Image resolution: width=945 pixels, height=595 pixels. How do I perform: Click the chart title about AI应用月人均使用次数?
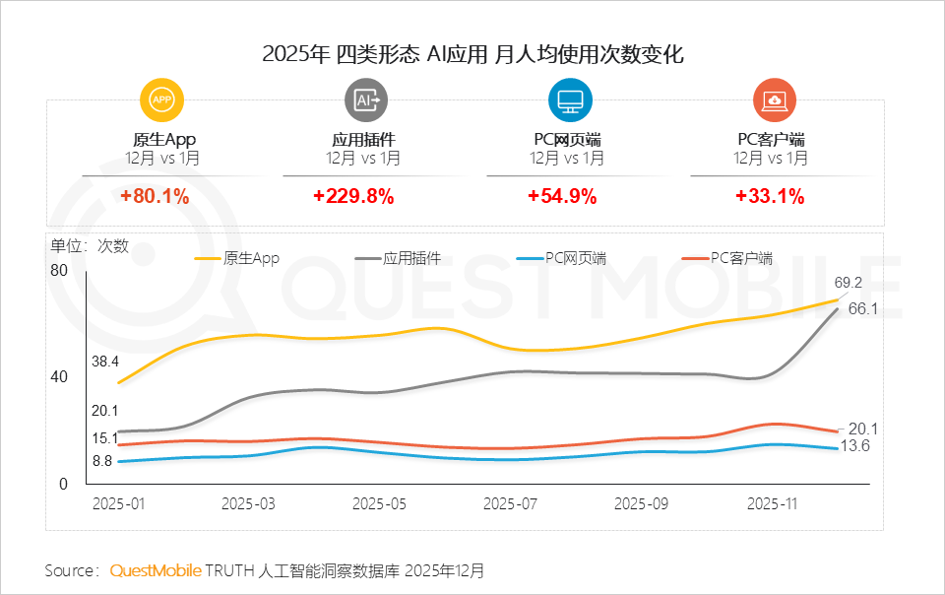coord(472,54)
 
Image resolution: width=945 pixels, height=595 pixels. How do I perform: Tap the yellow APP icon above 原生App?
coord(162,99)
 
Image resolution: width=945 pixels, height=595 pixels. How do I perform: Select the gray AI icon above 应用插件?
coord(365,99)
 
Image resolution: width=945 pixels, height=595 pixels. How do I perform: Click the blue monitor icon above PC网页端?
coord(569,99)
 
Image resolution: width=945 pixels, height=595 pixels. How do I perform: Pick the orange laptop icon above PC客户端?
coord(773,99)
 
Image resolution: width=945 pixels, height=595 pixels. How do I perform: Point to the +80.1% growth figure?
coord(155,196)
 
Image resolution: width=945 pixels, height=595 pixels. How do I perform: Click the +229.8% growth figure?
coord(353,196)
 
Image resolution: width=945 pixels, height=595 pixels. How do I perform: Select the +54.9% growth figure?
coord(562,196)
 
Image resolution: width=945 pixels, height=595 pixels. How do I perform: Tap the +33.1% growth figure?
coord(770,196)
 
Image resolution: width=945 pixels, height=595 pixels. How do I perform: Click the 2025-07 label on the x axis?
coord(511,503)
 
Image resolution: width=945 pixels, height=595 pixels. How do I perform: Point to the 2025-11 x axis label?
coord(773,503)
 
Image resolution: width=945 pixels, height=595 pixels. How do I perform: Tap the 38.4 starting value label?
coord(105,362)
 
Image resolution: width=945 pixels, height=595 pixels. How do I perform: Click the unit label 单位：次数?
coord(90,247)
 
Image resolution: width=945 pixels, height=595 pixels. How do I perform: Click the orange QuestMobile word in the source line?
coord(156,571)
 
